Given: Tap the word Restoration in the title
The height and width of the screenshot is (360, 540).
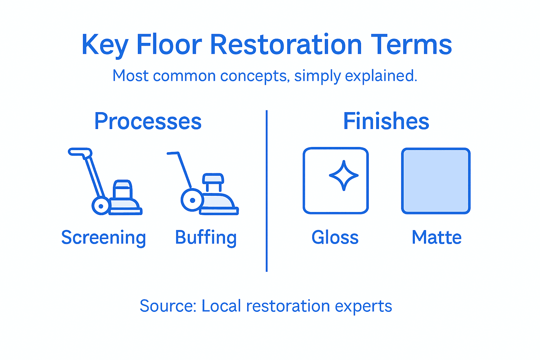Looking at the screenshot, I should coord(286,45).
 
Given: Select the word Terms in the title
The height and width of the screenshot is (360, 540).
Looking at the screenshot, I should coord(411,45).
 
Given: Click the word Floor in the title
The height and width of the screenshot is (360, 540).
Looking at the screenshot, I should coord(169,45).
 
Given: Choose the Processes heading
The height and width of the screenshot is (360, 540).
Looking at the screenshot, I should coord(148,122).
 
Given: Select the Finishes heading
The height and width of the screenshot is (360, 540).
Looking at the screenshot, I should coord(386,121).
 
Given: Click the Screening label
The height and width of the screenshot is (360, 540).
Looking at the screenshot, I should coord(103,238).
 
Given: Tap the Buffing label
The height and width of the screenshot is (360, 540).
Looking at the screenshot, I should coord(206,238).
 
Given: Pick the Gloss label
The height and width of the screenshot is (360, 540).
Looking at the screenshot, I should coord(335,238).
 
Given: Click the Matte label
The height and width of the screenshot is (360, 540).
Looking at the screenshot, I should coord(436,238).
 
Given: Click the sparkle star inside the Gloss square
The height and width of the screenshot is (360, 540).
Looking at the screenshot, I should coord(343,175).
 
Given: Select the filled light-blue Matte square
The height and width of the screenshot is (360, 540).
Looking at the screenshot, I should coord(436,181).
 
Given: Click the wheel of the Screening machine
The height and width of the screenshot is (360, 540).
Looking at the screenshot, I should coord(101,206).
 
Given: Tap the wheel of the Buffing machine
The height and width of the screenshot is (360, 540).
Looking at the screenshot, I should coord(192,200).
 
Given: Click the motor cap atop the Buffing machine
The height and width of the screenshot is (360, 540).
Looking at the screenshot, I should coord(213,179).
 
